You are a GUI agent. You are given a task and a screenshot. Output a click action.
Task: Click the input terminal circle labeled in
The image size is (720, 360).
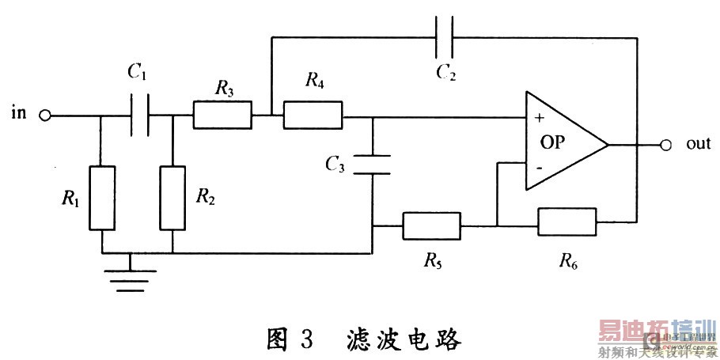[x=45, y=116]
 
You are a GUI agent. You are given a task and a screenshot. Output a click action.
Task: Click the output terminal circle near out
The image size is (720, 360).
[x=665, y=145]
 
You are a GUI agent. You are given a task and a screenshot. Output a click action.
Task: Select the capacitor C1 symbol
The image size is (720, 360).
[x=141, y=116]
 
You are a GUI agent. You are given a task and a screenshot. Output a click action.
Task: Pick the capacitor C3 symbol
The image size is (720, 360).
[x=372, y=165]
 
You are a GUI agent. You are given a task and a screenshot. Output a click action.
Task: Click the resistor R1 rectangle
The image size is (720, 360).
[x=102, y=198]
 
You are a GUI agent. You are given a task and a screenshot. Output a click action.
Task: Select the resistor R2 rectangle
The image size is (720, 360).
[x=172, y=198]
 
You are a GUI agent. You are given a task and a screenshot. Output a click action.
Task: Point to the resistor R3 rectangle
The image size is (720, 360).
[x=222, y=116]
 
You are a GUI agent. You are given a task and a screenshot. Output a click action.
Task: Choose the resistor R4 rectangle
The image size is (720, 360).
[x=313, y=116]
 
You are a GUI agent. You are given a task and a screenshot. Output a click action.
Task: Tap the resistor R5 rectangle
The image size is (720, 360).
[x=431, y=225]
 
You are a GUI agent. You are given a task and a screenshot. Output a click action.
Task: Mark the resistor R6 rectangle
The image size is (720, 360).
[x=567, y=222]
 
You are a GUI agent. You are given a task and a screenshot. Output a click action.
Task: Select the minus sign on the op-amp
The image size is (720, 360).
[x=539, y=168]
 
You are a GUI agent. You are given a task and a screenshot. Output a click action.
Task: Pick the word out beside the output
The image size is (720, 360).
[x=697, y=145]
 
